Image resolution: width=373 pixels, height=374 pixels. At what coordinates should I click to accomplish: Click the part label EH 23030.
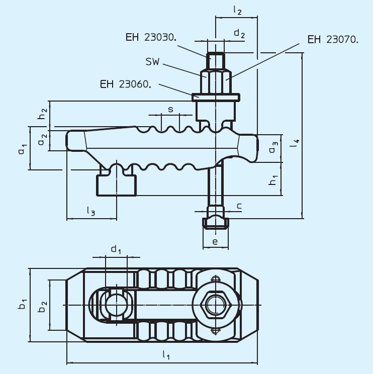150,37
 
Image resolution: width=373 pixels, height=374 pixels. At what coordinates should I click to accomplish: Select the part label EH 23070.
333,39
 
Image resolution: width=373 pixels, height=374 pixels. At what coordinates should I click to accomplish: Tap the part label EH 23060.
125,84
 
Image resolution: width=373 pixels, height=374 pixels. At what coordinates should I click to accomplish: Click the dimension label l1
165,355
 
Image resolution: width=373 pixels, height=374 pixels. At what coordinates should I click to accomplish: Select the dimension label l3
90,212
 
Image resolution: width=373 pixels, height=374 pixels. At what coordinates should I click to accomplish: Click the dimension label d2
239,34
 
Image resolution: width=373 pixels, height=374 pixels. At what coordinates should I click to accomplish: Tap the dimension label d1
116,249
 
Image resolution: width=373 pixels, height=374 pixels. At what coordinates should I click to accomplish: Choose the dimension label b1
23,305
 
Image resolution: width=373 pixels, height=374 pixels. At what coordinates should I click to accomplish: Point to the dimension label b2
43,306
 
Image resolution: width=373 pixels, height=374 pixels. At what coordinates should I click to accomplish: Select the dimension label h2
44,114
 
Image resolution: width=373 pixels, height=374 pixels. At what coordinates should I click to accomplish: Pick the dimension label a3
272,148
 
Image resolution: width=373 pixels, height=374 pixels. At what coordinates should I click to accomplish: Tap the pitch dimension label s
170,109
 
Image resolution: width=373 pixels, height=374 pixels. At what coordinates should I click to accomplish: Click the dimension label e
215,242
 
